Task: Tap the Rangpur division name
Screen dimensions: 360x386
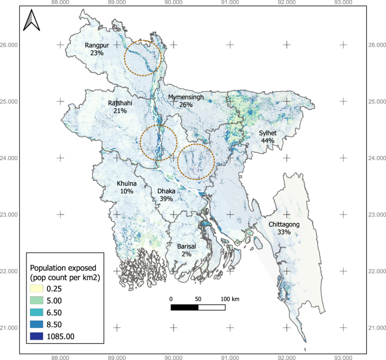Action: point(96,45)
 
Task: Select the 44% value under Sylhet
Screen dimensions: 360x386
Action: point(268,141)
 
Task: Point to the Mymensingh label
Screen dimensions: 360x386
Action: point(186,97)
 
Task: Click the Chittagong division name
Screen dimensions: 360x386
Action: point(284,224)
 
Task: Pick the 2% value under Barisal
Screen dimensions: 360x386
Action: point(187,254)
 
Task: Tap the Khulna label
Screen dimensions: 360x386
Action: point(127,184)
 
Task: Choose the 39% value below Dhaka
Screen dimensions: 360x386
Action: point(166,199)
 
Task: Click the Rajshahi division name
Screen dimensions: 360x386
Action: point(120,104)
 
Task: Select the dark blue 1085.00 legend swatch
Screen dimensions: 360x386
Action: point(42,336)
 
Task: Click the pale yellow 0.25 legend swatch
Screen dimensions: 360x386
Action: point(42,287)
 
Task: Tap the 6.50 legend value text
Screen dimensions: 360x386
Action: point(67,312)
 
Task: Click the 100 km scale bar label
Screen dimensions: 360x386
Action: point(230,298)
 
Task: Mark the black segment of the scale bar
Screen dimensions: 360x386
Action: point(184,307)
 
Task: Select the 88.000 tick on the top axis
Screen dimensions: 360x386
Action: point(60,2)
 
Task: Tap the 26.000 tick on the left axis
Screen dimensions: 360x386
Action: point(10,45)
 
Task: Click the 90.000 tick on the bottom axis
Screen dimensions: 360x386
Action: point(174,357)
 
